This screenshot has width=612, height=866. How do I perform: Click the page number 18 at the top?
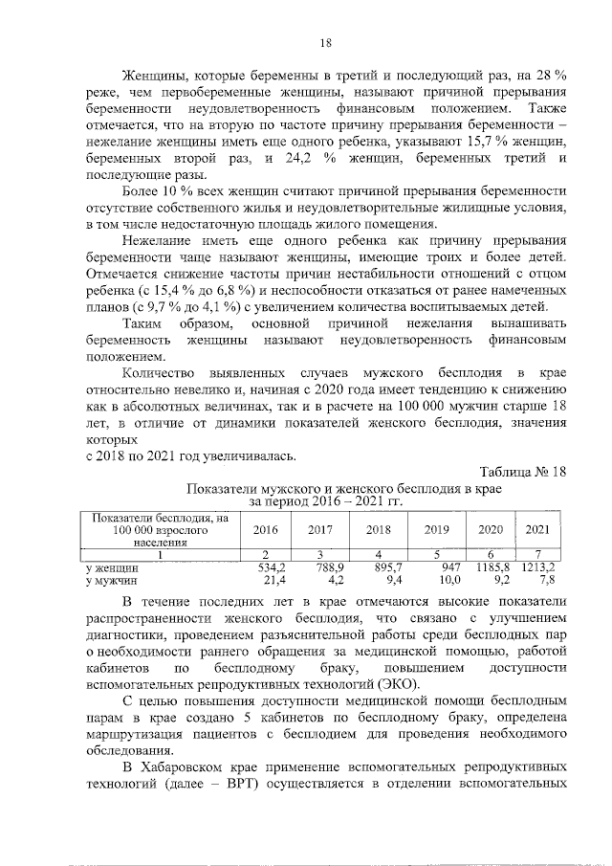pyautogui.click(x=325, y=42)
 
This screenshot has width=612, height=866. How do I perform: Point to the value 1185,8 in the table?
pyautogui.click(x=490, y=567)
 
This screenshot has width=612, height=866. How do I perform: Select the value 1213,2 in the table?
pyautogui.click(x=539, y=567)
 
